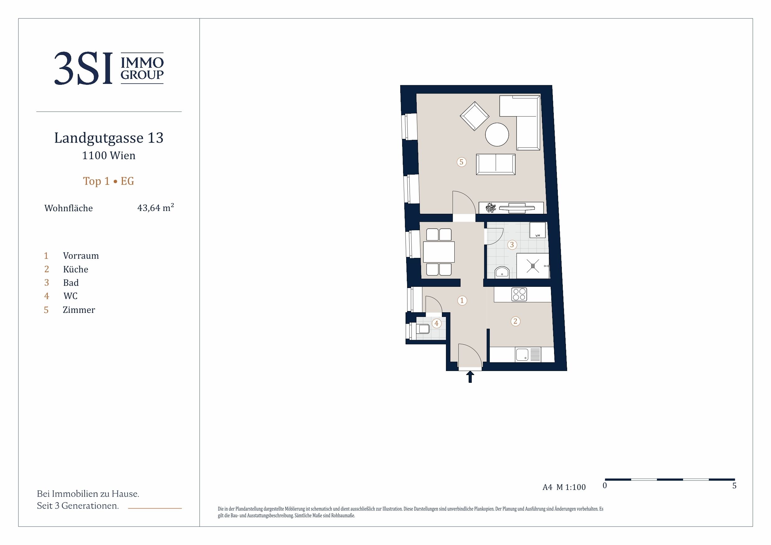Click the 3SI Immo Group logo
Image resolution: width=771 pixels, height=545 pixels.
click(x=109, y=68)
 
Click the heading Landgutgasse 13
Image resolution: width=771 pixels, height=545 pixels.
click(x=109, y=138)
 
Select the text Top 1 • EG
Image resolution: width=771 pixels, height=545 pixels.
click(x=108, y=181)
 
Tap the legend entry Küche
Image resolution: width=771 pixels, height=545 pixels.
click(x=76, y=269)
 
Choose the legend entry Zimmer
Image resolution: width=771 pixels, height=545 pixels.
click(x=79, y=309)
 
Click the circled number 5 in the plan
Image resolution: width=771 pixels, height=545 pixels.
click(x=461, y=162)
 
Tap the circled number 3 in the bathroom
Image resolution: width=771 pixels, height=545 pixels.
click(x=512, y=245)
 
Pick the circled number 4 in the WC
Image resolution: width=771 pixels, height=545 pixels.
click(x=436, y=323)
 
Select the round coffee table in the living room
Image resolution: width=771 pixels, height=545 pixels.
click(x=497, y=134)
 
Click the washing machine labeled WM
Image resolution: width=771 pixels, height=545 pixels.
click(x=537, y=230)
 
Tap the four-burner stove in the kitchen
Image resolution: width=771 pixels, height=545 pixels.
click(x=519, y=295)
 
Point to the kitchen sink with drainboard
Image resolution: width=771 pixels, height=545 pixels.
click(x=528, y=355)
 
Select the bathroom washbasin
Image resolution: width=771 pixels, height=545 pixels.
click(x=502, y=272)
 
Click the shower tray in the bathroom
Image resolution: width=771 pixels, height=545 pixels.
click(x=533, y=266)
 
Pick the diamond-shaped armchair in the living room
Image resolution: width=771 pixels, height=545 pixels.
click(x=475, y=116)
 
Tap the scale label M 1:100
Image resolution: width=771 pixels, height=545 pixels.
click(x=571, y=487)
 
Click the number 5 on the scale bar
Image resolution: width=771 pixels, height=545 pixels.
click(x=734, y=486)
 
